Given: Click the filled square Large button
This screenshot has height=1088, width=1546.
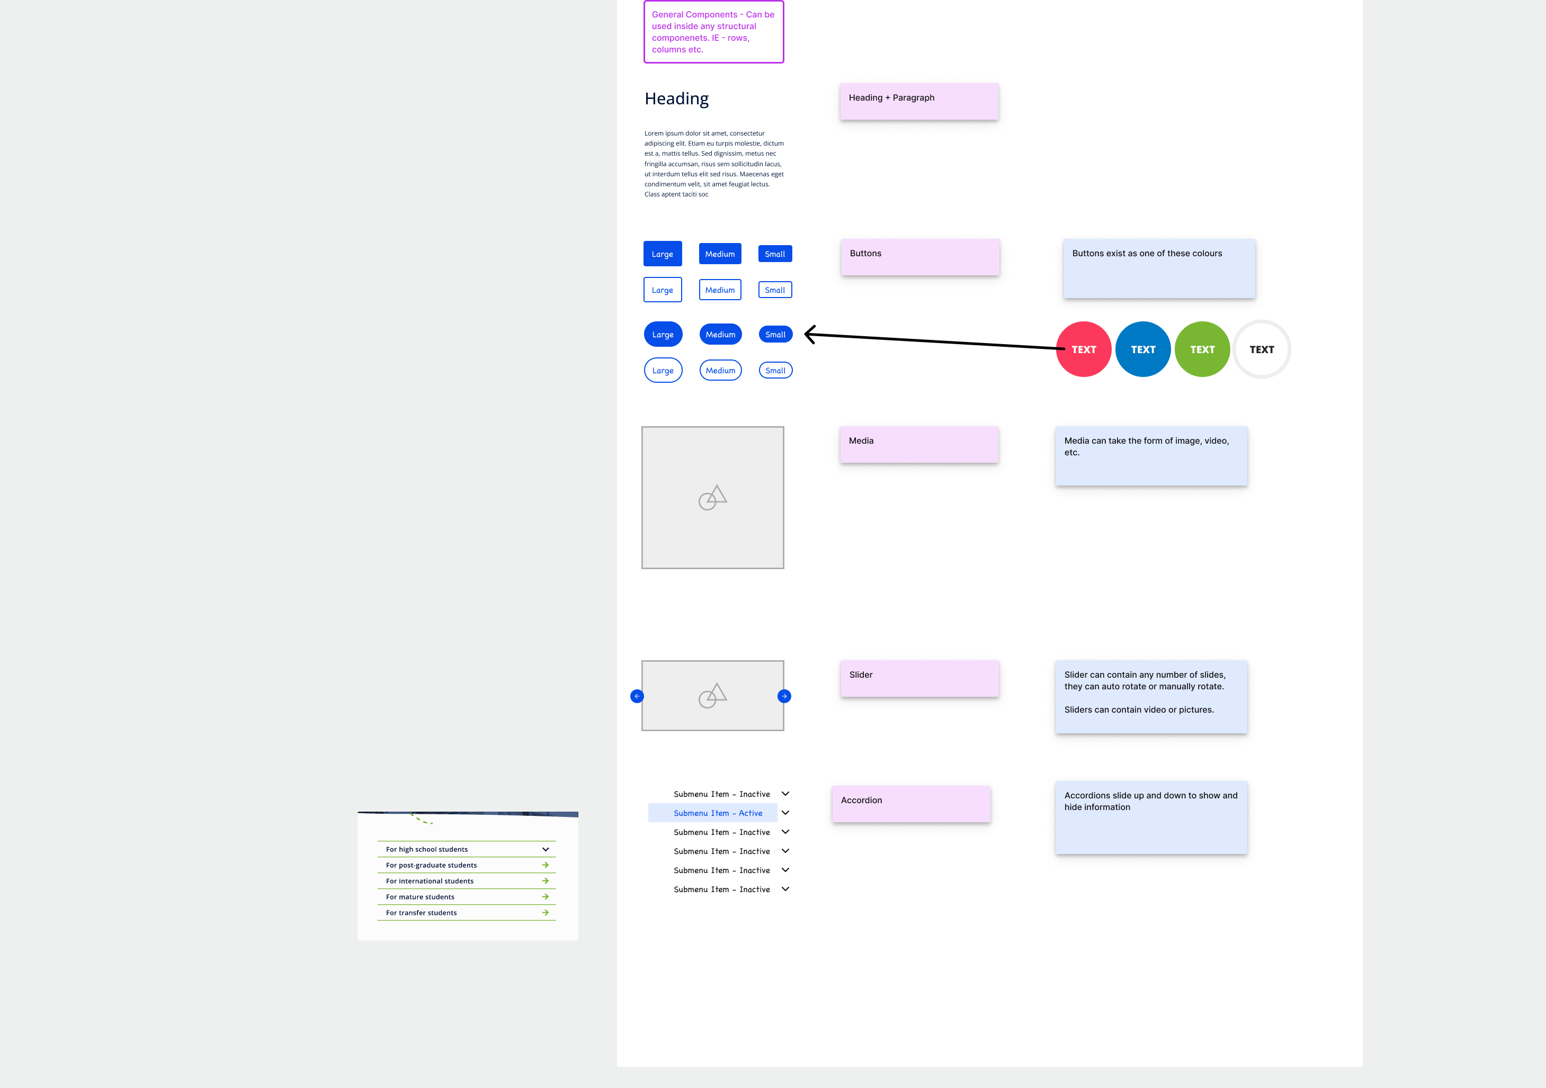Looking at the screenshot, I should [662, 254].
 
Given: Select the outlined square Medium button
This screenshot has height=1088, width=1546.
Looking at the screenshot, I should [720, 290].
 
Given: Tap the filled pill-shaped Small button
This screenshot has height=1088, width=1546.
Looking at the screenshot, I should [775, 335].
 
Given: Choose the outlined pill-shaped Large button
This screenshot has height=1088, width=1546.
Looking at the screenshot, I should [663, 370].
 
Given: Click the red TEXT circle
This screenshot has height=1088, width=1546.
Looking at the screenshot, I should [1084, 349].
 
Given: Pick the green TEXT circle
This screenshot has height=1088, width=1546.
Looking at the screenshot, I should [1202, 349].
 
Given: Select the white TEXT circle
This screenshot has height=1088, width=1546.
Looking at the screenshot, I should [1261, 349].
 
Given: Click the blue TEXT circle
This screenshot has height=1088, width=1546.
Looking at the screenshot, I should [1142, 349].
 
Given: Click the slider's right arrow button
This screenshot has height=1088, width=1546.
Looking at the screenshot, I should [784, 696].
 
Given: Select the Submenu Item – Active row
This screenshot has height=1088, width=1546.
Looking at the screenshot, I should [717, 813].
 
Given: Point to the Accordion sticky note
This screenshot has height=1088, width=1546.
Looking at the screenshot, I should [910, 803].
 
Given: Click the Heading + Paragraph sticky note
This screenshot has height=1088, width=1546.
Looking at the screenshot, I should [918, 101].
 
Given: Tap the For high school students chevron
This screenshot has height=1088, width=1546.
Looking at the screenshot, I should [546, 850].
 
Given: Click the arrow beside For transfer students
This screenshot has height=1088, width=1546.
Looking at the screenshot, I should [546, 913].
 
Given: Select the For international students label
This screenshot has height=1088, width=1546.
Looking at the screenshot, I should [430, 882].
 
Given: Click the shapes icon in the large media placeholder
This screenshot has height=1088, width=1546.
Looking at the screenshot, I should [712, 498].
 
